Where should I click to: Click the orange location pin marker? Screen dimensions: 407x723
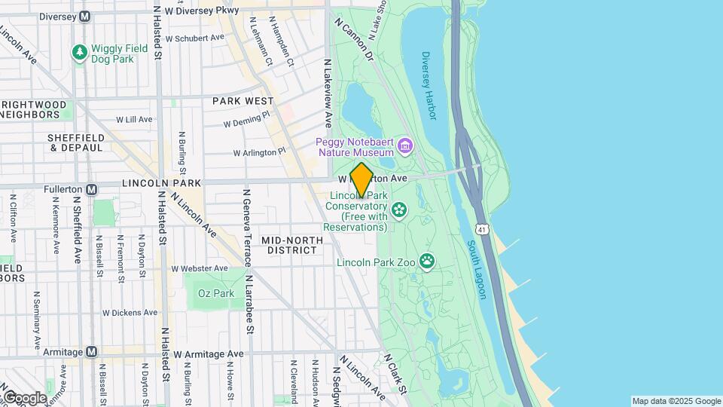pyautogui.click(x=361, y=180)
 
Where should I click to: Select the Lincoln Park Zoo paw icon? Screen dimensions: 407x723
pyautogui.click(x=428, y=261)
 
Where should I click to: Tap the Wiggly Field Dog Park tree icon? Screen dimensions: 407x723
pyautogui.click(x=79, y=53)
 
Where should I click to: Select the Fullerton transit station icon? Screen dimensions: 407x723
pyautogui.click(x=91, y=190)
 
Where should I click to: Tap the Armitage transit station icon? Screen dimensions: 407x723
pyautogui.click(x=91, y=352)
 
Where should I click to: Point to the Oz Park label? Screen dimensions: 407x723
pyautogui.click(x=216, y=293)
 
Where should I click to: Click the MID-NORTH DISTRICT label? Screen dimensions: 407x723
pyautogui.click(x=291, y=245)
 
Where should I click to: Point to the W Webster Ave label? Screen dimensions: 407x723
pyautogui.click(x=200, y=268)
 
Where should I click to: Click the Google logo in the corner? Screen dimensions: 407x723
pyautogui.click(x=24, y=398)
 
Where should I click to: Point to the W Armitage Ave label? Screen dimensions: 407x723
pyautogui.click(x=209, y=353)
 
